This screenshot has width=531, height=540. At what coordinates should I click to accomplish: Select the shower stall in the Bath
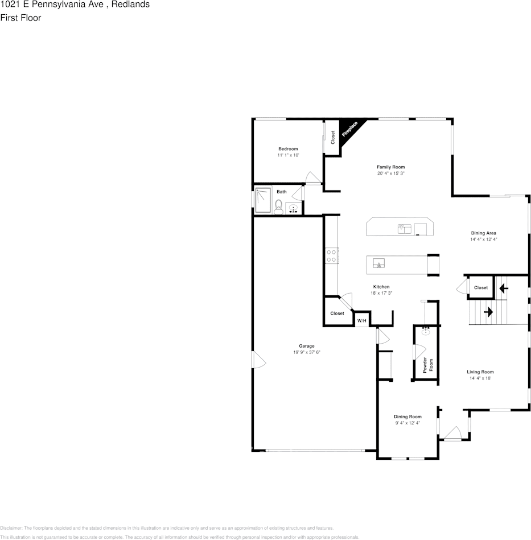pyautogui.click(x=263, y=200)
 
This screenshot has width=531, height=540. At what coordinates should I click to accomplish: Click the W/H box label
pyautogui.click(x=361, y=321)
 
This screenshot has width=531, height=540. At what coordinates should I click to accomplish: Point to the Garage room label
pyautogui.click(x=307, y=345)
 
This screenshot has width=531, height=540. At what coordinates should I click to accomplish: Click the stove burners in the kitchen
pyautogui.click(x=332, y=255)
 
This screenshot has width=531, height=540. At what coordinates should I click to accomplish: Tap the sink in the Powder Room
pyautogui.click(x=426, y=329)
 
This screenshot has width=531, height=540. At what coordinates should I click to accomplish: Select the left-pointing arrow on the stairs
pyautogui.click(x=504, y=288)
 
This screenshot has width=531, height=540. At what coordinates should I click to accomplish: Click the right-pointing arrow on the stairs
pyautogui.click(x=488, y=312)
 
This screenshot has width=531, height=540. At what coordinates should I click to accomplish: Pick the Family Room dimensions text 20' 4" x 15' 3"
pyautogui.click(x=390, y=174)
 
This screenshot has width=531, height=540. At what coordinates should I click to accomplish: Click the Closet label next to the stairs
pyautogui.click(x=481, y=288)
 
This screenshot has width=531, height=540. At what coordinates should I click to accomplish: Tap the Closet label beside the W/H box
pyautogui.click(x=337, y=314)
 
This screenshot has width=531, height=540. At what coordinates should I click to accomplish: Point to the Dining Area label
pyautogui.click(x=483, y=233)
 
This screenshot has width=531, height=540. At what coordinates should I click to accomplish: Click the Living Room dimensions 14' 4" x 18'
pyautogui.click(x=480, y=378)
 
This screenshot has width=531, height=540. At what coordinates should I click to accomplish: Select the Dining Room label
pyautogui.click(x=407, y=417)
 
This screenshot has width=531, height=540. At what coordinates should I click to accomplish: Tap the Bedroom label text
pyautogui.click(x=288, y=149)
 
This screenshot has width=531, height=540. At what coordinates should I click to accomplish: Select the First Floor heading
pyautogui.click(x=21, y=18)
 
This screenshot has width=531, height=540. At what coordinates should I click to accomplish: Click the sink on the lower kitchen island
pyautogui.click(x=379, y=263)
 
